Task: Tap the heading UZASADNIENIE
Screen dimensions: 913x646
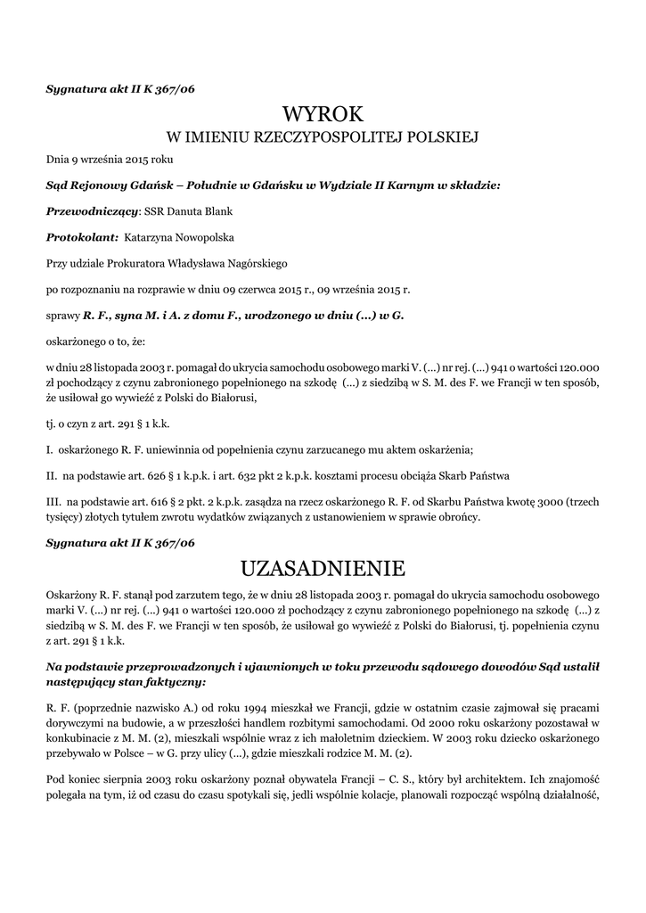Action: click(x=323, y=568)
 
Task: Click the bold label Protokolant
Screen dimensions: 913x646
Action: click(x=81, y=237)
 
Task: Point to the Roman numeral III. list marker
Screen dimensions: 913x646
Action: click(x=53, y=501)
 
